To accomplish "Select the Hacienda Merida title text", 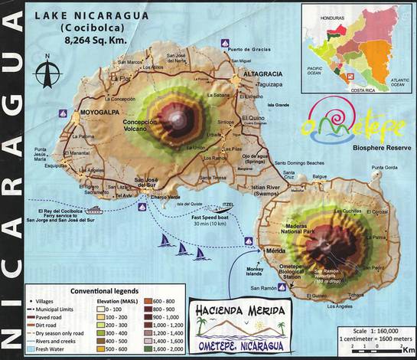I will (x=236, y=312).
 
